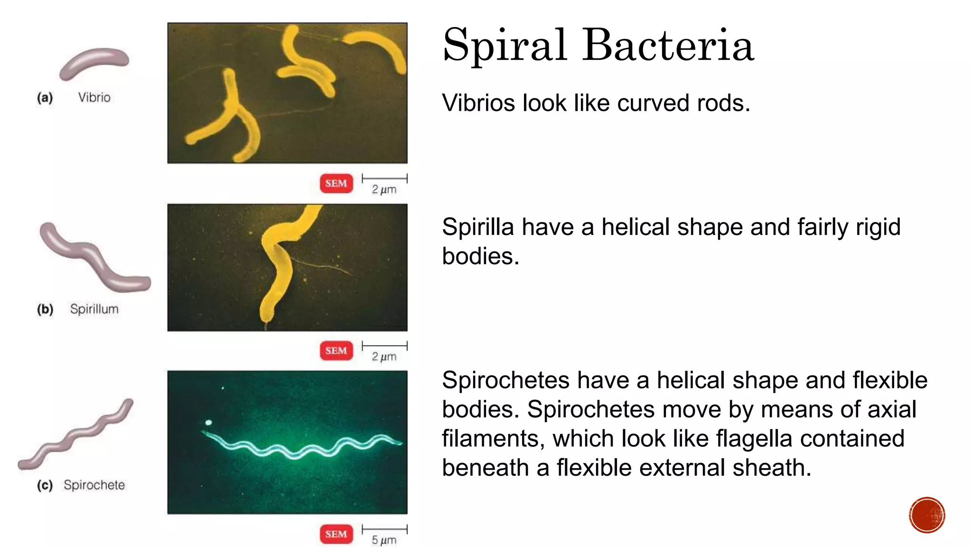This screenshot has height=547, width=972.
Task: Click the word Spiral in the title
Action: pos(505,46)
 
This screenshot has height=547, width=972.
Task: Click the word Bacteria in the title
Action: pos(668,46)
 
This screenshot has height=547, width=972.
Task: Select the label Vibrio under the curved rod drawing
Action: pos(94,97)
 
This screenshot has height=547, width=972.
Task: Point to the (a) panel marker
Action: pos(45,98)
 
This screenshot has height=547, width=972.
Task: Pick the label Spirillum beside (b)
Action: pos(94,309)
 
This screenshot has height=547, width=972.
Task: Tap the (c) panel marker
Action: pos(45,485)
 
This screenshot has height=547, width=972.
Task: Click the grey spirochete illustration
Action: pos(76,434)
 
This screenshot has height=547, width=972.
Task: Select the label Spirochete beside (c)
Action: pos(94,485)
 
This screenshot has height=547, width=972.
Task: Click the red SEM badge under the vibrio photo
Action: pos(336,183)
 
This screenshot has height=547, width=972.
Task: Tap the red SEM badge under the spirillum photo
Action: pos(336,350)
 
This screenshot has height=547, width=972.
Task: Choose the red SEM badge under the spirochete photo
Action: pos(336,534)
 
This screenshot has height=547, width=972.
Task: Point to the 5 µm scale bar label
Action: pos(383,540)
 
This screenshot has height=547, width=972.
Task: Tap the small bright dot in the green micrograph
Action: pos(208,422)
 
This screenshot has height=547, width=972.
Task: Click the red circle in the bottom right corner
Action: pos(927,515)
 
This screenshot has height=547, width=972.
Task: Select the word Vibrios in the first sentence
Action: pos(478,103)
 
